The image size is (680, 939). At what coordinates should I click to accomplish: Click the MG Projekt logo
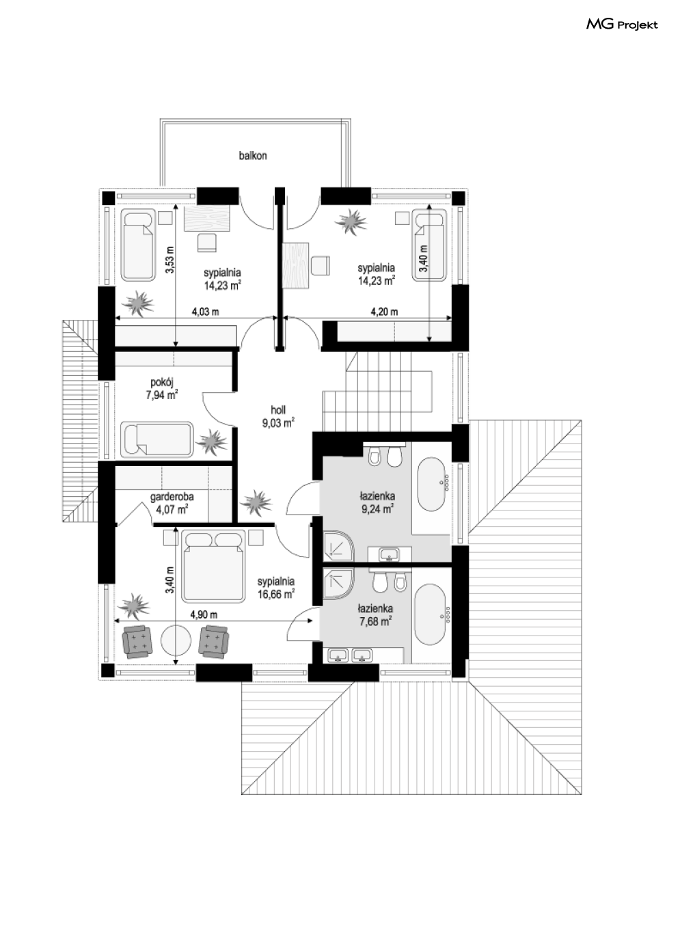coord(622,25)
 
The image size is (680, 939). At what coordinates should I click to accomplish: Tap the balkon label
coord(253,156)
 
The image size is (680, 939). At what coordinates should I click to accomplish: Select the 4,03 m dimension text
coord(206,312)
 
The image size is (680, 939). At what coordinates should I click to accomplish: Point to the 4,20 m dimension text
coord(385,312)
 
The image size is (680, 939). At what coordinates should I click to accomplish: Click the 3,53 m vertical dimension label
coord(169,260)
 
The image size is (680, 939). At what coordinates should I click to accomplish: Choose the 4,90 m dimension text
coord(204,615)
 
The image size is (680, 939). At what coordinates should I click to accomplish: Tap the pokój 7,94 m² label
coord(162,389)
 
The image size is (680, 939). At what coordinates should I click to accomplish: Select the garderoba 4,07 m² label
coord(172,503)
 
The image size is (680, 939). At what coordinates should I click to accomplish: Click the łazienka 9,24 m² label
coord(377,502)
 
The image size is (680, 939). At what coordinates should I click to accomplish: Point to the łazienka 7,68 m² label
coord(375,614)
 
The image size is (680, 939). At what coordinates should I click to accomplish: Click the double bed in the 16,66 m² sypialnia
coord(213,567)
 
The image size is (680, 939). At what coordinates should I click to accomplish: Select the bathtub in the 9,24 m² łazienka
coord(431,484)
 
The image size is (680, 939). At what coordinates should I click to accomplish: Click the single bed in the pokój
coord(157,439)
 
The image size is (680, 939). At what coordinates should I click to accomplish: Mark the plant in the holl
coord(256,502)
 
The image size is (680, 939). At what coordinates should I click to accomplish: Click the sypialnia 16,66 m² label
coord(276,588)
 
